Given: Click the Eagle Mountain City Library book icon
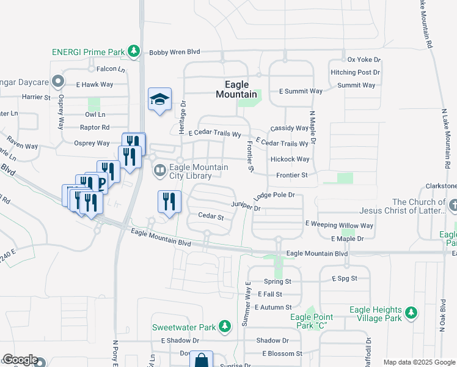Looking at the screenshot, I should (160, 169).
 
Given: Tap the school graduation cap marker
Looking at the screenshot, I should (159, 100).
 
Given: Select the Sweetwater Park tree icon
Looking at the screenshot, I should (225, 325).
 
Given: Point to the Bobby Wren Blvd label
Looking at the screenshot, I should (175, 53).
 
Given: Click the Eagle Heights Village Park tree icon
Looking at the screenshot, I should (412, 313).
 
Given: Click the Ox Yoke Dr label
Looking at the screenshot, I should (364, 59).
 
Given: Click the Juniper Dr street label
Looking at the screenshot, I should (246, 207).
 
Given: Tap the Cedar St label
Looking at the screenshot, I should (211, 216).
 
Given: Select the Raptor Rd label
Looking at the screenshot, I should (94, 127).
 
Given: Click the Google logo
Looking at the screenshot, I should (20, 360).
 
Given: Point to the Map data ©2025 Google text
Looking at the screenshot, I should (419, 362).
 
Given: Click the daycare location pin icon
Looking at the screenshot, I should (58, 81).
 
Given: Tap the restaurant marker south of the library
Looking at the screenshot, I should (169, 201).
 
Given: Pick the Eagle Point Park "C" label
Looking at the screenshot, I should (312, 321).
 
